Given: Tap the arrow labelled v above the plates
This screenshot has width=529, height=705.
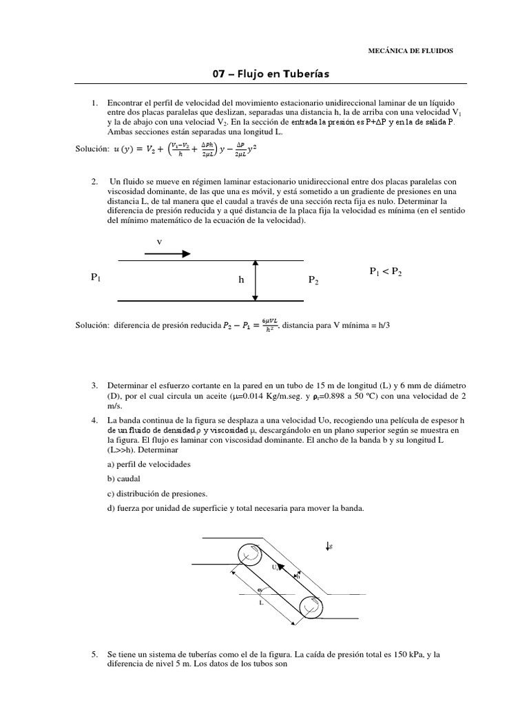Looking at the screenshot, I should click(x=167, y=253).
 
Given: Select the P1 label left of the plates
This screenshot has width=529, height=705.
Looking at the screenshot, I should click(x=96, y=277).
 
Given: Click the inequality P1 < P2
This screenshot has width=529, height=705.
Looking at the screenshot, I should click(x=385, y=273).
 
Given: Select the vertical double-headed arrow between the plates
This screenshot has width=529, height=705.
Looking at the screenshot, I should click(x=256, y=280).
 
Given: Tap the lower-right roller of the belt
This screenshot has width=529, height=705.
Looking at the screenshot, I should click(x=311, y=609).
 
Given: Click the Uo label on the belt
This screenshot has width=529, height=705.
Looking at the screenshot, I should click(x=276, y=567).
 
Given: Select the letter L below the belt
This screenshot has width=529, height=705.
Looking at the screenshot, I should click(x=262, y=602).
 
